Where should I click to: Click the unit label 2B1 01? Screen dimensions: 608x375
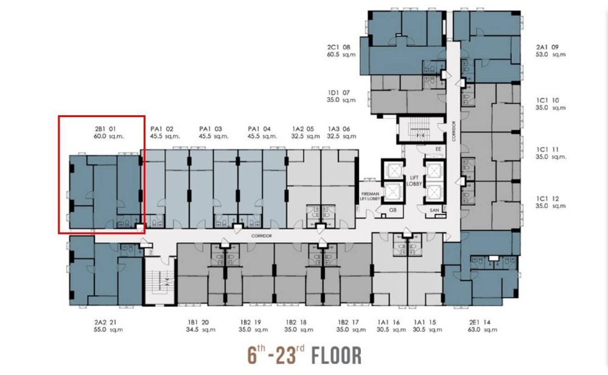pyautogui.click(x=105, y=129)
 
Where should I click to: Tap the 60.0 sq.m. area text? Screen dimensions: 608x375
pyautogui.click(x=108, y=136)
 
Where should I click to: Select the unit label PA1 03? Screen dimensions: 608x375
pyautogui.click(x=211, y=129)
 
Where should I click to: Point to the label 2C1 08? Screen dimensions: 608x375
pyautogui.click(x=338, y=47)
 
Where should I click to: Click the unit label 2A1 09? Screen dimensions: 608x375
pyautogui.click(x=547, y=47)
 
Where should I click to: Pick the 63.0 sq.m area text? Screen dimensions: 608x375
pyautogui.click(x=483, y=329)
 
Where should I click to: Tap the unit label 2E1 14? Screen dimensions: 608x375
pyautogui.click(x=480, y=322)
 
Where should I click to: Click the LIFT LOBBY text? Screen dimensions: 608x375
pyautogui.click(x=414, y=181)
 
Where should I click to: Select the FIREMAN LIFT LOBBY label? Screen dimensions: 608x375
pyautogui.click(x=370, y=196)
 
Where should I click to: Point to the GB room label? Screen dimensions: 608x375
pyautogui.click(x=393, y=210)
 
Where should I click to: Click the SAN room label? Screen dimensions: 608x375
pyautogui.click(x=435, y=210)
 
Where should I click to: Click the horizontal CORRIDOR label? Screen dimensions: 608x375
pyautogui.click(x=261, y=236)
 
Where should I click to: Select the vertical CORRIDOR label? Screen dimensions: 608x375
pyautogui.click(x=453, y=131)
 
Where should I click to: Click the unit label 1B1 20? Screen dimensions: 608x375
pyautogui.click(x=198, y=322)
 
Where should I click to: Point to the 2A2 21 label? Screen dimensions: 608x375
pyautogui.click(x=105, y=322)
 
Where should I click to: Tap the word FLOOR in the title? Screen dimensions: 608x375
pyautogui.click(x=337, y=355)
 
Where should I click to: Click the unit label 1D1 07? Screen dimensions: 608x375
pyautogui.click(x=338, y=93)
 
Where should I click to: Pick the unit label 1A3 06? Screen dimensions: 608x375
pyautogui.click(x=339, y=129)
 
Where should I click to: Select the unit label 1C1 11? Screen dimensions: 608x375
pyautogui.click(x=548, y=149)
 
